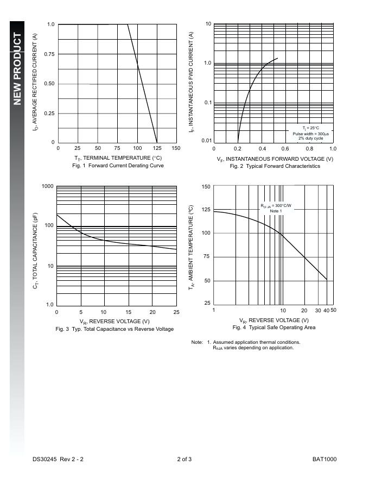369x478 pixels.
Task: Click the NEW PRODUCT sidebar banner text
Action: click(x=17, y=68)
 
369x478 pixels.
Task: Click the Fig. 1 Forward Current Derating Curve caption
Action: click(x=118, y=166)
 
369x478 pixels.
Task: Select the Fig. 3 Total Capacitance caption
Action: click(x=114, y=329)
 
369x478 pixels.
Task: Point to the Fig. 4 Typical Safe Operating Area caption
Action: click(x=274, y=328)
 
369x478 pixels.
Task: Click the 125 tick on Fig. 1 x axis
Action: click(x=157, y=148)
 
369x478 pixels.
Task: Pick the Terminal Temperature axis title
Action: click(x=118, y=158)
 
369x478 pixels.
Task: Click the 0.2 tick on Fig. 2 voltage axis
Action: click(x=238, y=149)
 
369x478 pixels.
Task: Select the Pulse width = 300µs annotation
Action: click(x=311, y=134)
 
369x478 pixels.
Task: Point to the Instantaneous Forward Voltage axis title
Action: click(x=275, y=159)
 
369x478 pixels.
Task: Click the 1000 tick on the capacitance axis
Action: click(x=48, y=187)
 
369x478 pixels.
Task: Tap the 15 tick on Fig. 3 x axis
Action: click(x=129, y=312)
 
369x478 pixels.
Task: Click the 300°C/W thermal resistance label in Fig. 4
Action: click(x=276, y=206)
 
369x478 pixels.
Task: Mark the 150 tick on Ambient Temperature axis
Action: click(x=206, y=187)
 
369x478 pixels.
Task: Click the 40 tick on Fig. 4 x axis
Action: click(x=326, y=311)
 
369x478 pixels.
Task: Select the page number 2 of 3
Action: click(x=184, y=460)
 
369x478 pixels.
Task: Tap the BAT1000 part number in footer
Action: click(x=325, y=460)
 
